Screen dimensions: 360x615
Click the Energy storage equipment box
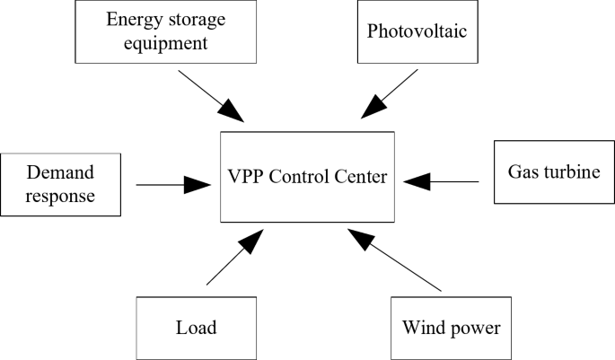point(166,31)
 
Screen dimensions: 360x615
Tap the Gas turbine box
point(554,171)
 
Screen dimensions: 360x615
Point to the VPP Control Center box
point(307,177)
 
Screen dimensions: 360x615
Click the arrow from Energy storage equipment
point(211,95)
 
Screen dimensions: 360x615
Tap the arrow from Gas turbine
point(441,181)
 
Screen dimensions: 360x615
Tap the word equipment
point(166,42)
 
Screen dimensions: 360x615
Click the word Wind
point(422,327)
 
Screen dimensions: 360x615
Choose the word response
point(60,196)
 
